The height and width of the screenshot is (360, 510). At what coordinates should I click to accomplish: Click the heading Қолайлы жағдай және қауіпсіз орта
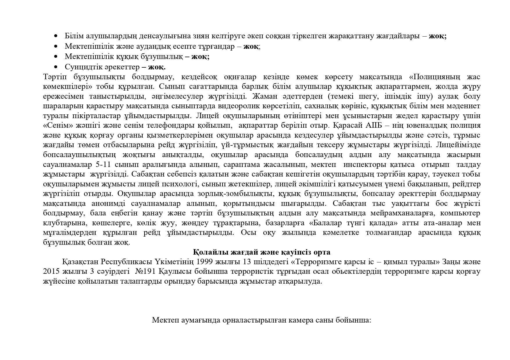pos(262,252)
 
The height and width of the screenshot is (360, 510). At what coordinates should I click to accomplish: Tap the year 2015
pos(51,272)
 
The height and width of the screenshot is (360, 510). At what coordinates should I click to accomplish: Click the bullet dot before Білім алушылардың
pos(56,36)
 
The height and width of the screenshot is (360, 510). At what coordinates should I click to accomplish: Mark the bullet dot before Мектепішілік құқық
pos(56,57)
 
